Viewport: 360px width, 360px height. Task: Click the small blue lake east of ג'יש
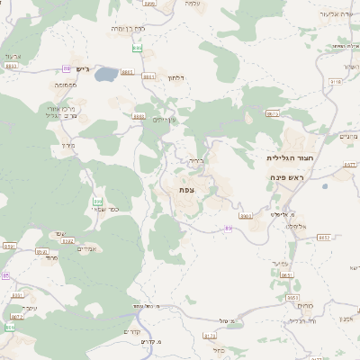pyautogui.click(x=104, y=74)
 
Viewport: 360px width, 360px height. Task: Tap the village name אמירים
pyautogui.click(x=87, y=249)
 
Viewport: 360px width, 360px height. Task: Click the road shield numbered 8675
pyautogui.click(x=273, y=113)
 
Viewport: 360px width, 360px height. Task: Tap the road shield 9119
pyautogui.click(x=336, y=81)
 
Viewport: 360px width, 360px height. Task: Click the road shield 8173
pyautogui.click(x=210, y=335)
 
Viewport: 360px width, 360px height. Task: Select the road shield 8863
pyautogui.click(x=11, y=66)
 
